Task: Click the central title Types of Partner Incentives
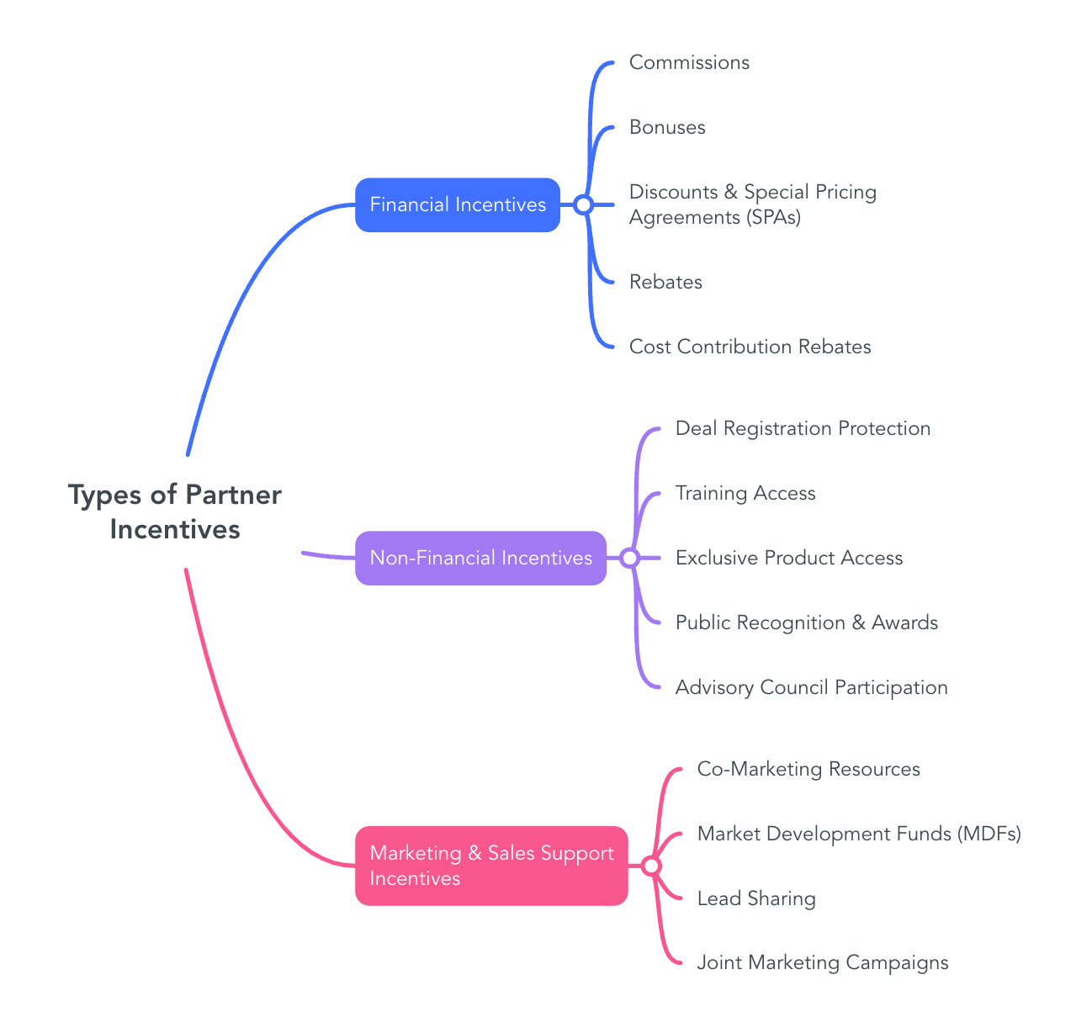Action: coord(175,511)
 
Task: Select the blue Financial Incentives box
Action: coord(458,204)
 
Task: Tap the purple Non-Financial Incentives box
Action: coord(480,558)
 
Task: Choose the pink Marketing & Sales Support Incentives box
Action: coord(491,866)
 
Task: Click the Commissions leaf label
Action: coord(689,63)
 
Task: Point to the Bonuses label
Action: coord(667,128)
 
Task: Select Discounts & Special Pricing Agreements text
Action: coord(752,204)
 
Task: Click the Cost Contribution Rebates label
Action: coord(750,347)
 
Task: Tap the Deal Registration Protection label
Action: coord(803,428)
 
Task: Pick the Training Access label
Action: coord(745,493)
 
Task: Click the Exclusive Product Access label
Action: coord(789,558)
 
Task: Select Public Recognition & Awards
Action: coord(806,622)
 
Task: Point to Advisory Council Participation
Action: coord(811,687)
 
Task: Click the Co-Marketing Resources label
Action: coord(808,769)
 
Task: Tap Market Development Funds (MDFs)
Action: coord(859,834)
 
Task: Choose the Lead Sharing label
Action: coord(756,898)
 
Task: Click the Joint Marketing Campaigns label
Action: coord(823,962)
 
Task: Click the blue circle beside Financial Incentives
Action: coord(583,204)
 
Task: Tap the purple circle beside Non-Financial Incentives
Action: coord(629,558)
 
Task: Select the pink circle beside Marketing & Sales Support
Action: coord(651,866)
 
